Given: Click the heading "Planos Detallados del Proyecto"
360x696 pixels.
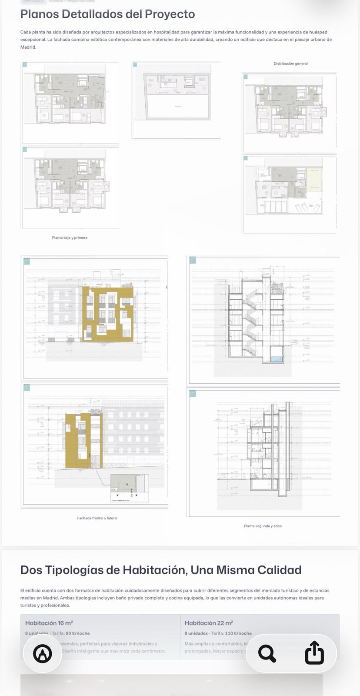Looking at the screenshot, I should click(107, 14).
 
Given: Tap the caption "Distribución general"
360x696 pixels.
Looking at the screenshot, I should click(290, 64).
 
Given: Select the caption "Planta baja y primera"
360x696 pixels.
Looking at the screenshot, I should click(70, 238).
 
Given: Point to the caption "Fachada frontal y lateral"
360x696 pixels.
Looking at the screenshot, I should click(97, 518).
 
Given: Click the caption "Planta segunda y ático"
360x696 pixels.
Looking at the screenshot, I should click(263, 526).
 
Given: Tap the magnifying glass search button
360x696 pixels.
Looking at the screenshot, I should click(267, 653).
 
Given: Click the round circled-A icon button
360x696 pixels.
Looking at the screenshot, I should click(43, 653).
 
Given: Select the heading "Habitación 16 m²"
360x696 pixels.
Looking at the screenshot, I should click(49, 623).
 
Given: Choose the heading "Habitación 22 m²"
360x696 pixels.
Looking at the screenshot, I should click(209, 623).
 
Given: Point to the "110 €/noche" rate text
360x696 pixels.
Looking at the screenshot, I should click(238, 633).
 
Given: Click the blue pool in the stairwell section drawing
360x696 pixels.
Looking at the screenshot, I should click(276, 359).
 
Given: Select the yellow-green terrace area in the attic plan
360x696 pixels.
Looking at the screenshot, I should click(313, 178).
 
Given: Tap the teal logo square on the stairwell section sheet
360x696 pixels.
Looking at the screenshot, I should click(193, 260).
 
